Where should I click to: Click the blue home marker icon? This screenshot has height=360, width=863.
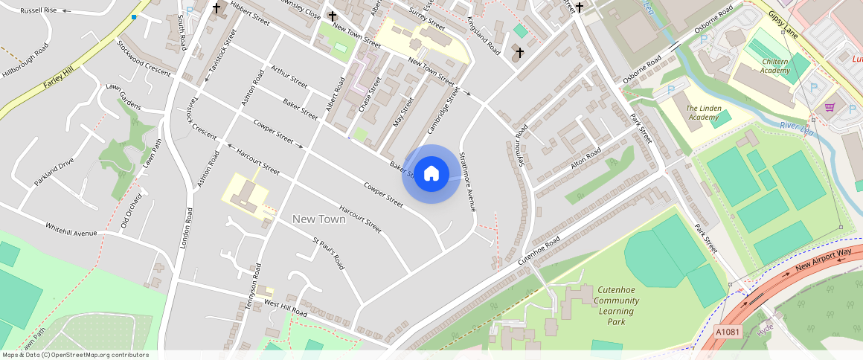pos(431,174)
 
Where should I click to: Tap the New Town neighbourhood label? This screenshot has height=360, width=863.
pos(319,219)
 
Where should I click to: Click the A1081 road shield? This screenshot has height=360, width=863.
pos(728,331)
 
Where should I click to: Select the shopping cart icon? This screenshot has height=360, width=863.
pos(830,107)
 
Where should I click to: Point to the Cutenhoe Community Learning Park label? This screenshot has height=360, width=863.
pos(616,305)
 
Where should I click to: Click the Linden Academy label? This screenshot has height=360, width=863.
pos(703,112)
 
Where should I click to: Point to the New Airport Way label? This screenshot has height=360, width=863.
pos(823,260)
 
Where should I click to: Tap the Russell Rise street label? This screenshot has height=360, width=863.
pos(39,10)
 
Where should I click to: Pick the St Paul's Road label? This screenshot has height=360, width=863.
pos(328,253)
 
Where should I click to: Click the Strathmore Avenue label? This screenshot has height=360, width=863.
pos(467,182)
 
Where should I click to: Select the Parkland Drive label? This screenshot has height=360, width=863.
pos(54,172)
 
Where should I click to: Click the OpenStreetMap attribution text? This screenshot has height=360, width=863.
pos(75,355)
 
